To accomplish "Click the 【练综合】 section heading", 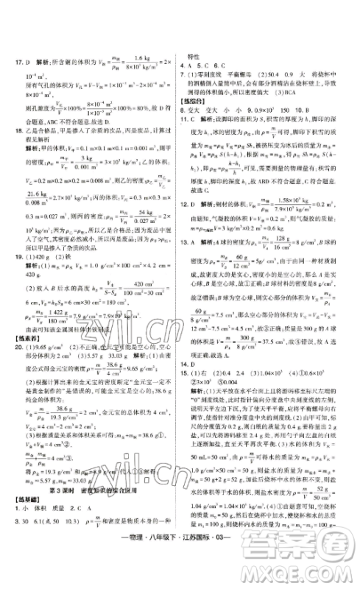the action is click(x=197, y=101).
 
